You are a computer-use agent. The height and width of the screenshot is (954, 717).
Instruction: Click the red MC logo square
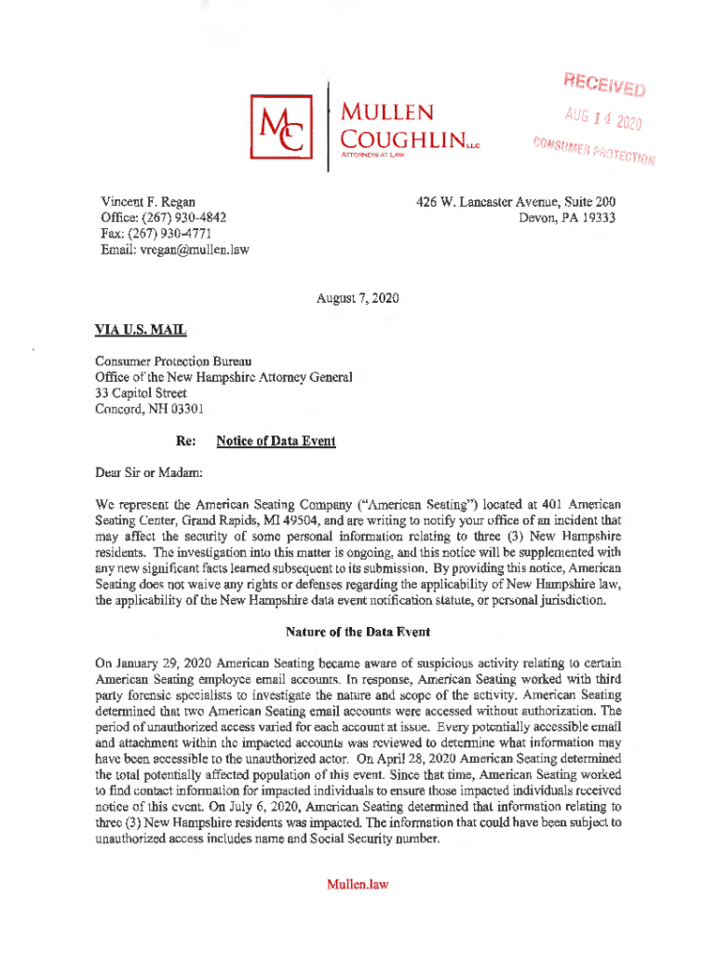click(x=278, y=129)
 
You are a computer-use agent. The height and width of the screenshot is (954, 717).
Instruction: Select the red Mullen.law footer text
click(x=357, y=884)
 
